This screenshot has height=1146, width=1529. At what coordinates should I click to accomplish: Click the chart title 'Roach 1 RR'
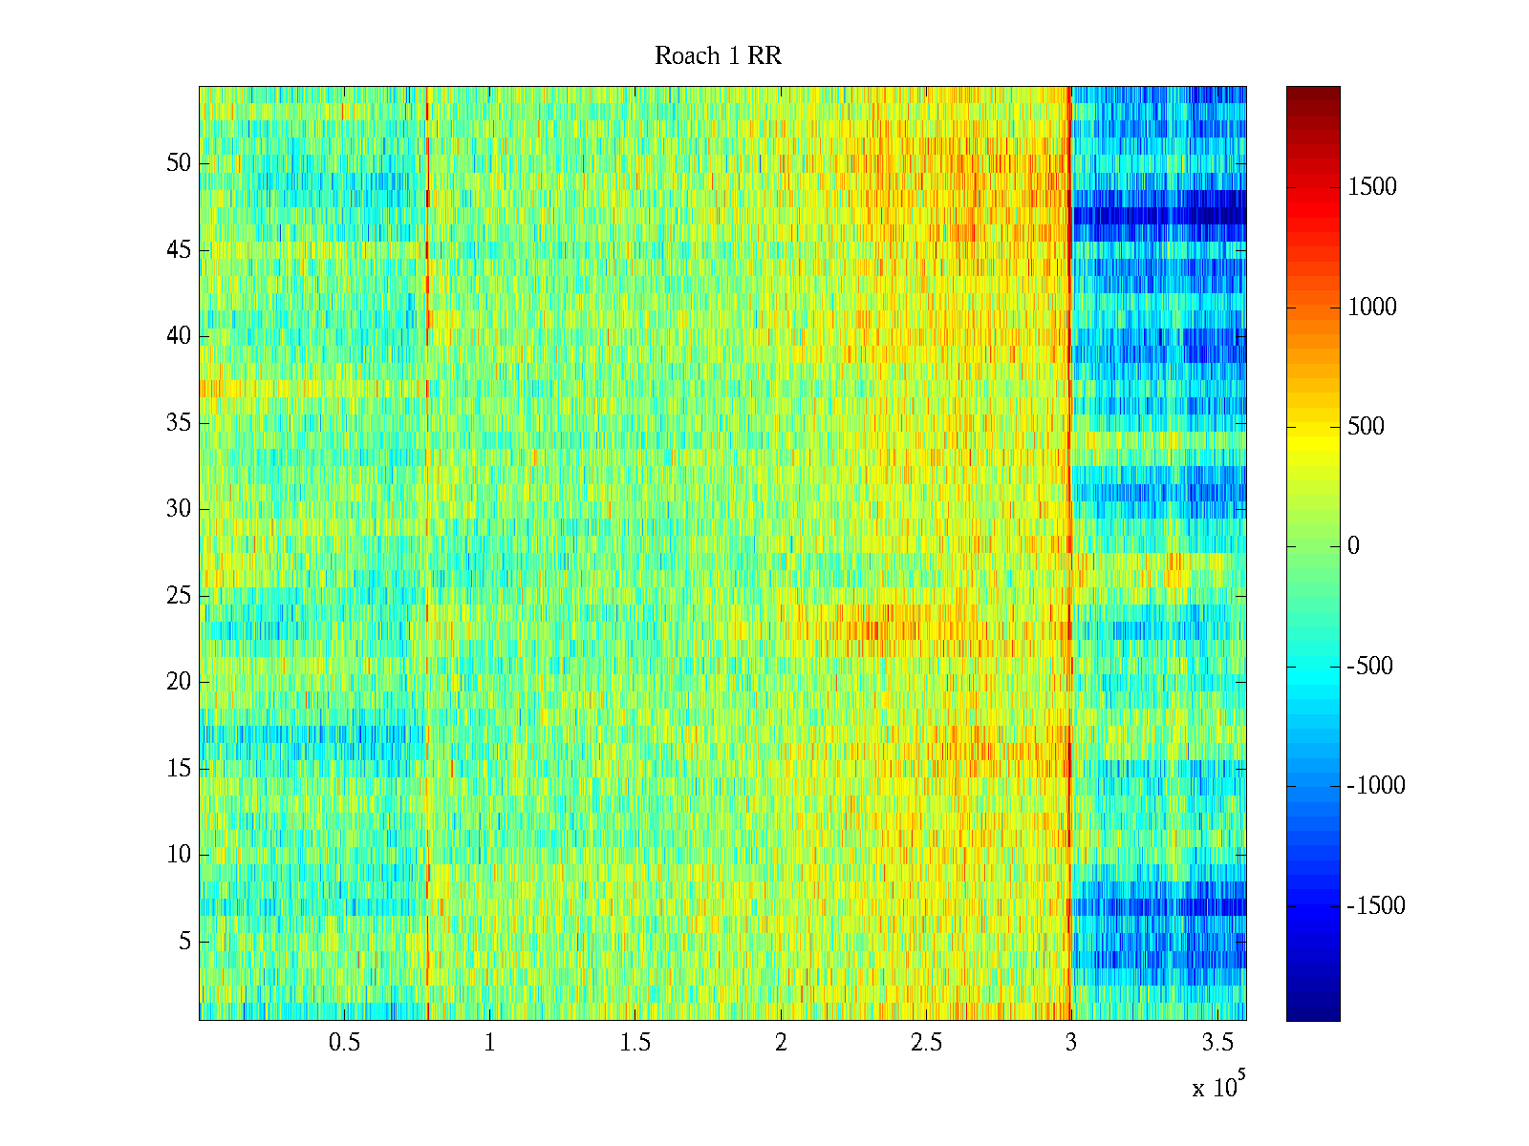(x=718, y=56)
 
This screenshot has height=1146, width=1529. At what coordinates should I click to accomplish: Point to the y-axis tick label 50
(x=179, y=163)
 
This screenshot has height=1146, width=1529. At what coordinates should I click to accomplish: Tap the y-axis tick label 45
(x=179, y=250)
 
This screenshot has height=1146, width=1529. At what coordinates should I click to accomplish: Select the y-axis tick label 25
(x=179, y=596)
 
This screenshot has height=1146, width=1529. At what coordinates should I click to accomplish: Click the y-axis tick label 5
(x=184, y=942)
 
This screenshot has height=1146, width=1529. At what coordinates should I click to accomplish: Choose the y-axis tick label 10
(x=179, y=855)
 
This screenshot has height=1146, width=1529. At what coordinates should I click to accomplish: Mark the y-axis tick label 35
(x=179, y=423)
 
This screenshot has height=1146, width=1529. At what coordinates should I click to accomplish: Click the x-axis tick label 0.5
(x=344, y=1043)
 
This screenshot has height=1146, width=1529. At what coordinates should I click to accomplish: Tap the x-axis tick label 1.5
(x=635, y=1043)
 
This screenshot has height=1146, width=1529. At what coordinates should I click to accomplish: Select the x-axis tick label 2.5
(x=926, y=1043)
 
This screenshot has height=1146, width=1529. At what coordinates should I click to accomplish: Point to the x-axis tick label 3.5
(x=1217, y=1043)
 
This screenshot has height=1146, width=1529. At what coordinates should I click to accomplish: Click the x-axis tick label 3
(x=1070, y=1043)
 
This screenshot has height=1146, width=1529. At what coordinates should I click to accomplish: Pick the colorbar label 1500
(x=1372, y=187)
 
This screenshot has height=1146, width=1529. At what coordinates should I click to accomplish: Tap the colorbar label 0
(x=1353, y=546)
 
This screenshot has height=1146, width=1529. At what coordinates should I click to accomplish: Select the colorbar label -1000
(x=1376, y=786)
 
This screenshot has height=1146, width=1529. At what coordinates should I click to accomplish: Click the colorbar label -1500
(x=1376, y=906)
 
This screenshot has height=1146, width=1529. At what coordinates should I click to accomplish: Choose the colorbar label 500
(x=1367, y=427)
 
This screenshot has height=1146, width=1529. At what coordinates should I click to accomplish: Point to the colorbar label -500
(x=1370, y=667)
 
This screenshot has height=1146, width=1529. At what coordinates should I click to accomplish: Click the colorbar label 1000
(x=1372, y=307)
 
